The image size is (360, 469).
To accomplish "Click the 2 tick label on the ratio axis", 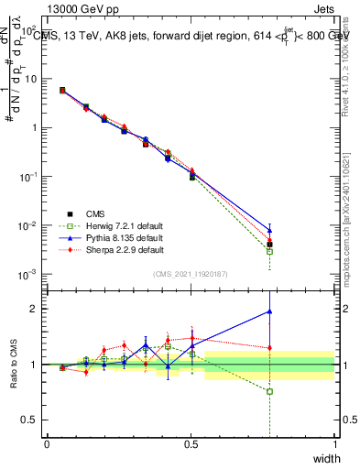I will coord(35,309).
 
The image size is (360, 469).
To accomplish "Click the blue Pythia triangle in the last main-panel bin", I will coord(269,230).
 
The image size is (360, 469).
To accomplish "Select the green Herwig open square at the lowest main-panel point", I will coord(269,251).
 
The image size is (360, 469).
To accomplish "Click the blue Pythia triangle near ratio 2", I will coord(269,311).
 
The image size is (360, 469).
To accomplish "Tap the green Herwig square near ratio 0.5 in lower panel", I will coord(269,391).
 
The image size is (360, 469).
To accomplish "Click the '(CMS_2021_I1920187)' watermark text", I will coord(191,273).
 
